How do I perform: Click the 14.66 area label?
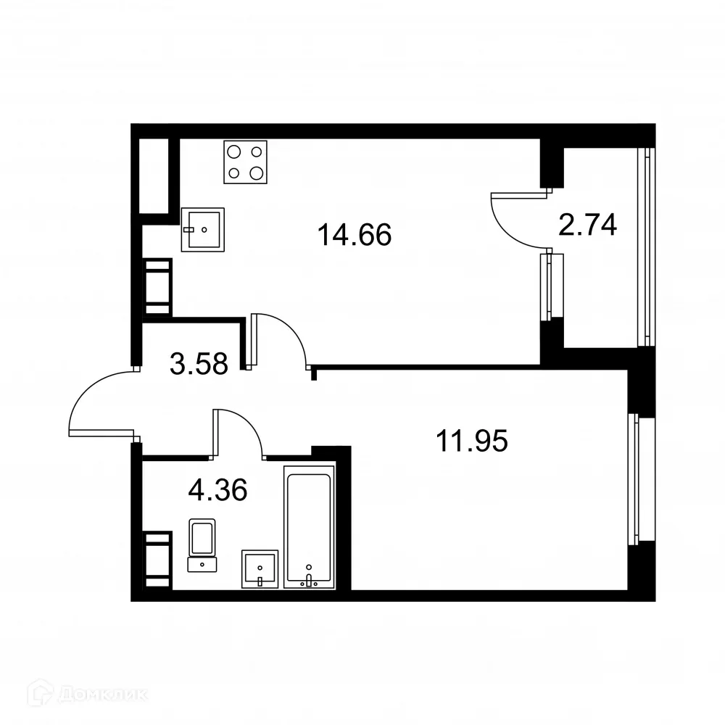[x=355, y=235]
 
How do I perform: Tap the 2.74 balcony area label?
[x=587, y=225]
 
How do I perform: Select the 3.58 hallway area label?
[x=199, y=363]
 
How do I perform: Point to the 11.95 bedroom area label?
[x=471, y=439]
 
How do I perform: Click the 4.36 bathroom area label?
[x=217, y=491]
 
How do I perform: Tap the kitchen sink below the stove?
[x=202, y=229]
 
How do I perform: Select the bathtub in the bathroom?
[x=310, y=526]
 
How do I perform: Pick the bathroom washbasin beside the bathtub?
[x=259, y=568]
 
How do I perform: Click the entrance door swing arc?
[x=98, y=402]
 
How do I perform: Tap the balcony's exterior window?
[x=644, y=246]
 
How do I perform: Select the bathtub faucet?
[x=310, y=578]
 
